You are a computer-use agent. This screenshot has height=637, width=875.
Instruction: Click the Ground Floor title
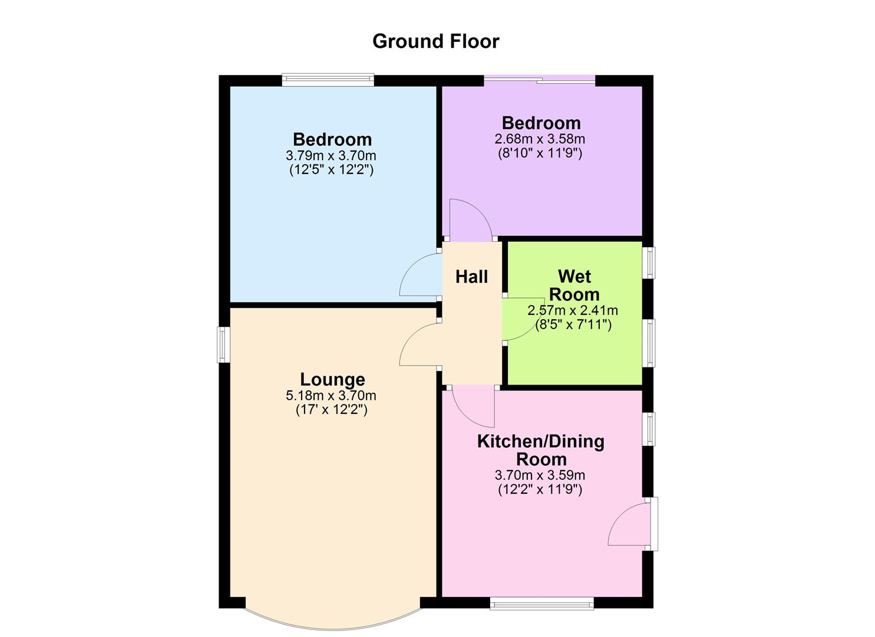(435, 41)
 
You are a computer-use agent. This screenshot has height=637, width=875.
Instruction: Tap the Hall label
(471, 277)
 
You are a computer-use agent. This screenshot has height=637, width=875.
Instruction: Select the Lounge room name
(332, 379)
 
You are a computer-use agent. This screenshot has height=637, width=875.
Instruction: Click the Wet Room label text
(574, 285)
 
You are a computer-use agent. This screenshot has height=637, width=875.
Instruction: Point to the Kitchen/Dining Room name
(541, 450)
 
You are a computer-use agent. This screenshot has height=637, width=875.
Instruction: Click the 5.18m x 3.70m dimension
(331, 395)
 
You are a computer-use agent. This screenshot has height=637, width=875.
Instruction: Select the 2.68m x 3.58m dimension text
(540, 139)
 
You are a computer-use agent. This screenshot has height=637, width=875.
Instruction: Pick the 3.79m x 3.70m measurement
(331, 156)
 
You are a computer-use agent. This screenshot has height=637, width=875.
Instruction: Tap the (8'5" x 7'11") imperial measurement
(573, 324)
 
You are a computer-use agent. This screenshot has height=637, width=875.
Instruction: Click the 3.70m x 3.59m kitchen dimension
(540, 475)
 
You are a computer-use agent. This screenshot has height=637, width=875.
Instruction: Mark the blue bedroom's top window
(328, 80)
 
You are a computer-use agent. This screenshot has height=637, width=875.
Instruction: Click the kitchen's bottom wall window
(541, 603)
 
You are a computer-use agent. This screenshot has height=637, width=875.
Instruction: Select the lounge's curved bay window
(332, 622)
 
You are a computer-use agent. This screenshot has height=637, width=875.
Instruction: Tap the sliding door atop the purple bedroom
(540, 80)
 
